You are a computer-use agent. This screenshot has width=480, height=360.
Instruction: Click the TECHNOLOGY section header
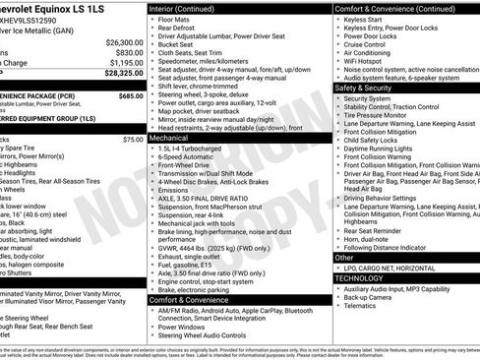pyautogui.click(x=360, y=277)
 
